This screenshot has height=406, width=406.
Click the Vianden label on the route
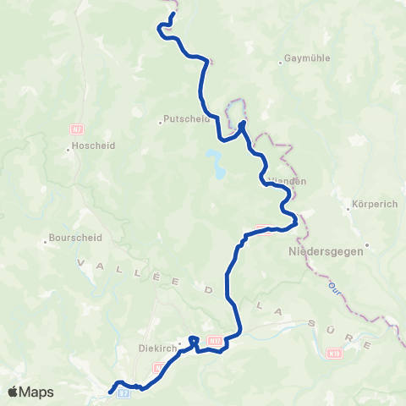[286, 181]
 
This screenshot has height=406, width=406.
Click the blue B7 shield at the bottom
[123, 393]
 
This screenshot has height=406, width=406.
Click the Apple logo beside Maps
[13, 392]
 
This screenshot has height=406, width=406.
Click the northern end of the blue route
[173, 15]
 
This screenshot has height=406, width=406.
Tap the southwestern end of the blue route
[111, 391]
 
